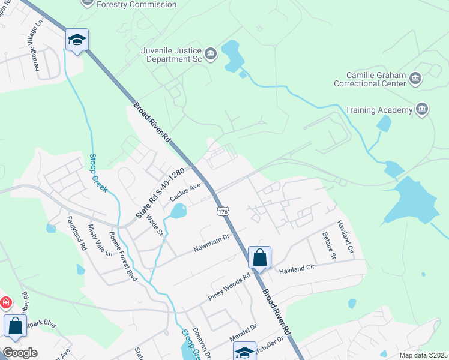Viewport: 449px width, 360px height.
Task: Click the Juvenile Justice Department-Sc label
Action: coord(171,55)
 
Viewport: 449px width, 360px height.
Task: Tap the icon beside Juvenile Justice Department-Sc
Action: coord(211,55)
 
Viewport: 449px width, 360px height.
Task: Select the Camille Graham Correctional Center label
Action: coord(376,80)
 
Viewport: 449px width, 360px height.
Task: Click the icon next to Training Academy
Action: coord(422,109)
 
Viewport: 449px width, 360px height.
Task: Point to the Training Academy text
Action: coord(379,110)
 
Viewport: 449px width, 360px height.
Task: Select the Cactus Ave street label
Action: coord(184,192)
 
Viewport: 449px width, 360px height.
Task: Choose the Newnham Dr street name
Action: coord(211,243)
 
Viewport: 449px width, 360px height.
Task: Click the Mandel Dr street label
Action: coord(244,331)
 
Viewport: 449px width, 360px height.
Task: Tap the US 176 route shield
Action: coord(223,212)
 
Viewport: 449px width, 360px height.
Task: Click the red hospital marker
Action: coord(5,303)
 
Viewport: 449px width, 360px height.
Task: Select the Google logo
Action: coord(20,353)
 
